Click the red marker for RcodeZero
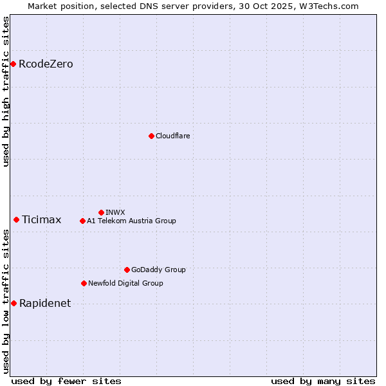pyautogui.click(x=13, y=64)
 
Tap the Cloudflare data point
pyautogui.click(x=151, y=136)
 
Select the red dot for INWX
pyautogui.click(x=101, y=212)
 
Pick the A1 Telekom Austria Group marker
pyautogui.click(x=82, y=221)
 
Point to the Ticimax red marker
pyautogui.click(x=16, y=219)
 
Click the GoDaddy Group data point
pyautogui.click(x=127, y=270)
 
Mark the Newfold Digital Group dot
pyautogui.click(x=84, y=283)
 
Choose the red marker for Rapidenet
pyautogui.click(x=14, y=303)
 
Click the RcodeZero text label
pyautogui.click(x=46, y=64)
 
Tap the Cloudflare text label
pyautogui.click(x=172, y=136)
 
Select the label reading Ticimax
pyautogui.click(x=41, y=219)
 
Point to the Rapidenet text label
pyautogui.click(x=45, y=303)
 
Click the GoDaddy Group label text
pyautogui.click(x=158, y=270)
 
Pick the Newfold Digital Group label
pyautogui.click(x=125, y=283)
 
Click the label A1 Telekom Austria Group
pyautogui.click(x=131, y=221)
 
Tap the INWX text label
pyautogui.click(x=115, y=212)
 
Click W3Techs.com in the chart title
pyautogui.click(x=332, y=6)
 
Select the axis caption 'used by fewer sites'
pyautogui.click(x=66, y=381)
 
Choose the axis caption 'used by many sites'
pyautogui.click(x=323, y=381)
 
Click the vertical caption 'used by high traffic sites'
pyautogui.click(x=6, y=91)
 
